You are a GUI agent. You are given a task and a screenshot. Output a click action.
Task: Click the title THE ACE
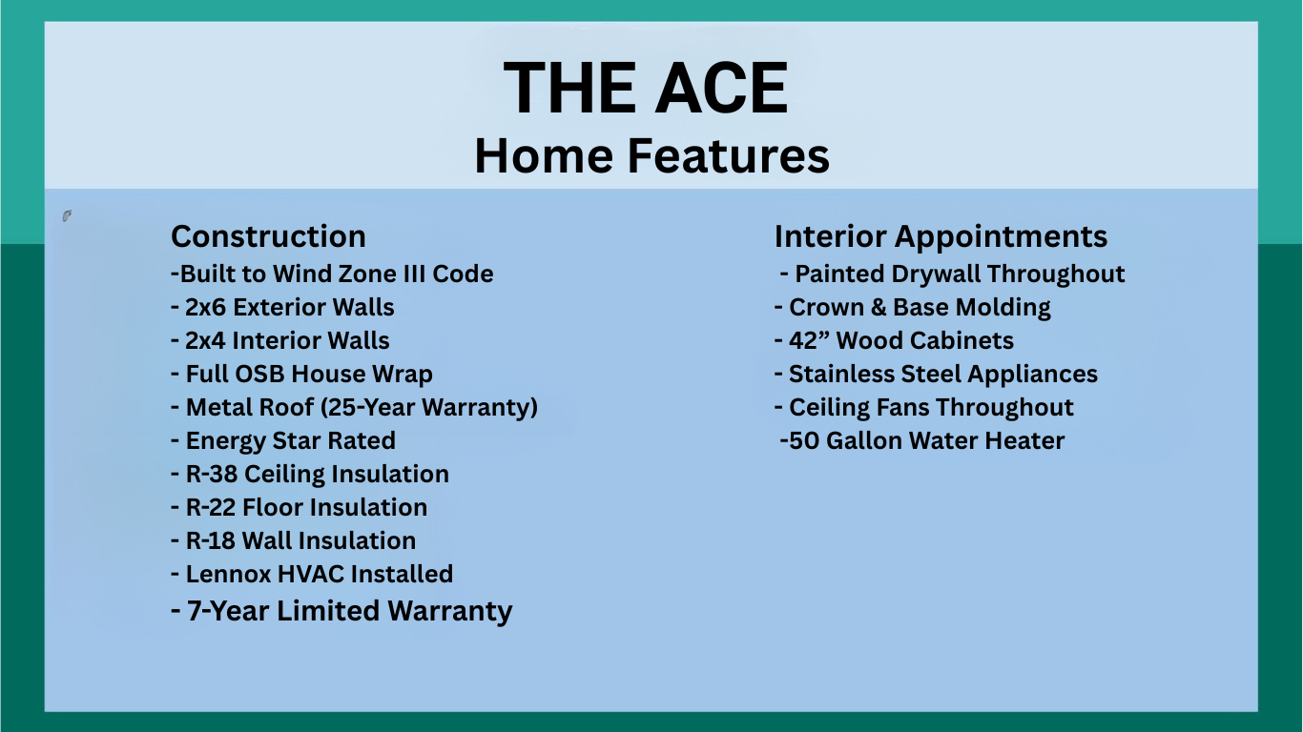646,89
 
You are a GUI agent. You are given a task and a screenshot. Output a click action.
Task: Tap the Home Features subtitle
651,155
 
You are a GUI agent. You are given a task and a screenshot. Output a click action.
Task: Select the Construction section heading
268,236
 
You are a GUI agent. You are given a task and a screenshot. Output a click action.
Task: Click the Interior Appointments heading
941,237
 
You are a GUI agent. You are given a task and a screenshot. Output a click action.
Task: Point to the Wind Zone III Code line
332,274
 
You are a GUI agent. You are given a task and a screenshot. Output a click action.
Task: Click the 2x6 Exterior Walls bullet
282,307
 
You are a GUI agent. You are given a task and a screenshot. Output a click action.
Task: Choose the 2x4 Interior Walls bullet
280,340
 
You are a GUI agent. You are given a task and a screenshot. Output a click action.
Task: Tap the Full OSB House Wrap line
301,375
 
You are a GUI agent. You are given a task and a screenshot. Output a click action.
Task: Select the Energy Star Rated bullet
283,441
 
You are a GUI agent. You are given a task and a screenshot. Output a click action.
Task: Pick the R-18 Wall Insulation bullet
294,540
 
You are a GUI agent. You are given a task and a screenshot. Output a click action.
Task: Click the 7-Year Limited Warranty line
342,612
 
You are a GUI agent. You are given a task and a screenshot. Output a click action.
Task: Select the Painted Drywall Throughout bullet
952,274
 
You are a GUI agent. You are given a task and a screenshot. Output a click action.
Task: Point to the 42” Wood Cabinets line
894,340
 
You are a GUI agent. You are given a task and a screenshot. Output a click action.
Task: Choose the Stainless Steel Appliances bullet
936,375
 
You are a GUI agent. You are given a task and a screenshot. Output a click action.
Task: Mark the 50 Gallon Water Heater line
922,441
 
